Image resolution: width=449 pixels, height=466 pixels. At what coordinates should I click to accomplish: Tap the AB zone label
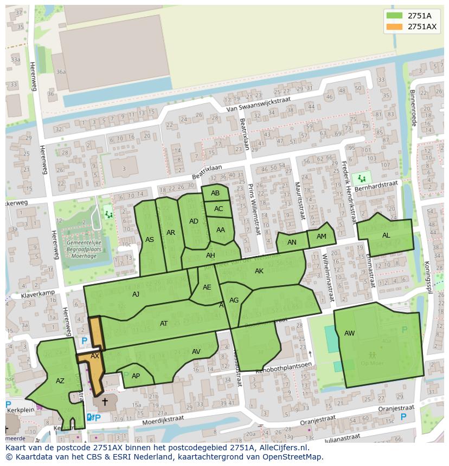[215, 193]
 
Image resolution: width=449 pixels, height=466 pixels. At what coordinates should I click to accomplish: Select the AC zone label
[219, 209]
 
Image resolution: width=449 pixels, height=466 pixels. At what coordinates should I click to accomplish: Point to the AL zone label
[386, 235]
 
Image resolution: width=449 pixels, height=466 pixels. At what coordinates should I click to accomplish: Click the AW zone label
[349, 333]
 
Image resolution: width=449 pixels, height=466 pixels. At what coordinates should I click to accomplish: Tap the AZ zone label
[60, 381]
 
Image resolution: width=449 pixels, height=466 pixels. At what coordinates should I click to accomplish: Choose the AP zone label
[136, 376]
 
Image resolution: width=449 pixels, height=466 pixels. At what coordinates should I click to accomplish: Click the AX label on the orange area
[95, 356]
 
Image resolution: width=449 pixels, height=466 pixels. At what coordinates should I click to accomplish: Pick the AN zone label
[292, 242]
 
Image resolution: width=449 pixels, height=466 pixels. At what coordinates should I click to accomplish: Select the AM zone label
[322, 237]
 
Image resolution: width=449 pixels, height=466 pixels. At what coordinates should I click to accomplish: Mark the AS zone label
[150, 240]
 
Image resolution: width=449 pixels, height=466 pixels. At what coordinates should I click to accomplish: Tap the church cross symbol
[105, 402]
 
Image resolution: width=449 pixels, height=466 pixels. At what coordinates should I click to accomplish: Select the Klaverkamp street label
[39, 293]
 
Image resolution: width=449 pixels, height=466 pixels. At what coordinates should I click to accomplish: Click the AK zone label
[259, 271]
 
